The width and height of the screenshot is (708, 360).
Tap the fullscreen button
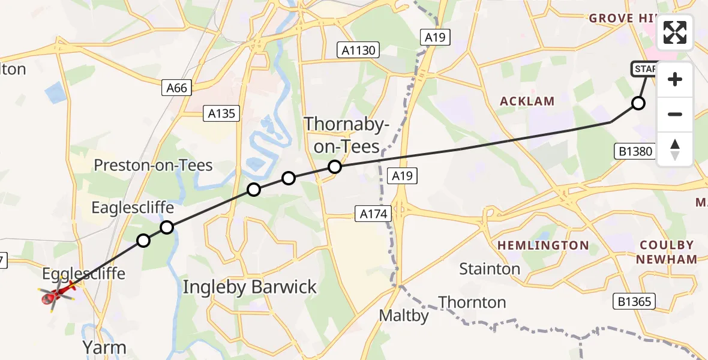click(x=675, y=32)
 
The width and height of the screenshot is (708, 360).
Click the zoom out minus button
click(x=675, y=114)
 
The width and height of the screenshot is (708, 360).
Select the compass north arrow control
click(x=675, y=149)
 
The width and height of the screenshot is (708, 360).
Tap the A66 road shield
click(x=177, y=88)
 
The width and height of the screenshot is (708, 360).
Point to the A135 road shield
click(x=222, y=113)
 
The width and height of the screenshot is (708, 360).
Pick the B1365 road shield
click(x=635, y=301)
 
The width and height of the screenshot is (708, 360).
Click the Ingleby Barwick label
click(x=250, y=287)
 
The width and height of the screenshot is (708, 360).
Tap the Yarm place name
click(x=106, y=347)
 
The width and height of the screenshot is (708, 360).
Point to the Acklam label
click(x=528, y=101)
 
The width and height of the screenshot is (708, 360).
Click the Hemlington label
click(x=543, y=245)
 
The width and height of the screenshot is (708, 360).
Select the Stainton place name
click(x=490, y=269)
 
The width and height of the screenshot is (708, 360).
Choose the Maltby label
click(x=404, y=316)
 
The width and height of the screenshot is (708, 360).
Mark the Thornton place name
click(x=472, y=302)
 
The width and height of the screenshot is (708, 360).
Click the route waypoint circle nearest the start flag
click(x=638, y=103)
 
